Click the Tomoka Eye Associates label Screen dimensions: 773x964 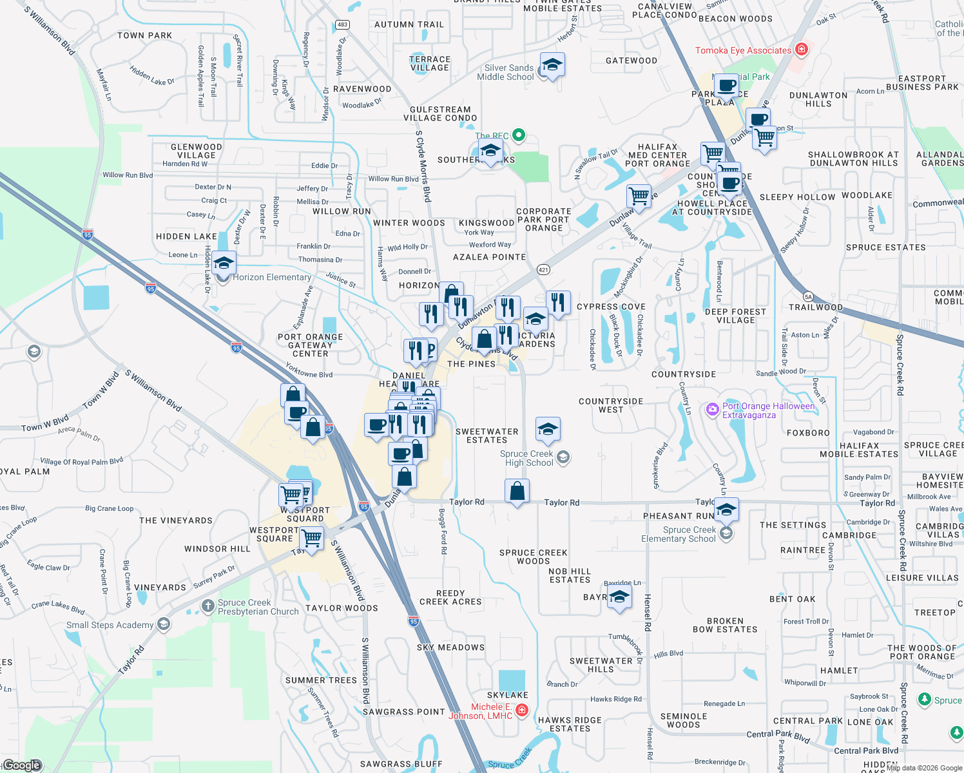pos(743,50)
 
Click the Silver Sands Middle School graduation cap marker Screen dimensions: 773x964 pos(552,65)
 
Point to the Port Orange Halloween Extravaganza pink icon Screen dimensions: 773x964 pos(713,409)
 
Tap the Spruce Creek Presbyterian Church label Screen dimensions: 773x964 pos(258,607)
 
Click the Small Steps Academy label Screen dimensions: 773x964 pos(110,625)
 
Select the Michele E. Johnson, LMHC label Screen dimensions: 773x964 pos(481,711)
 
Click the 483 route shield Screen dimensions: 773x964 pos(342,24)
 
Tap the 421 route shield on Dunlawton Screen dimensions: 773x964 pos(543,270)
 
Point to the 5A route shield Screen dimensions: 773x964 pos(808,297)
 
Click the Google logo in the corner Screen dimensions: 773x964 pos(22,765)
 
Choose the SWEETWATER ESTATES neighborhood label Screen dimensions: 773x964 pos(487,435)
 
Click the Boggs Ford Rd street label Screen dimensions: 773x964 pos(443,531)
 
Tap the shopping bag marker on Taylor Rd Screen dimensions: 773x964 pos(517,491)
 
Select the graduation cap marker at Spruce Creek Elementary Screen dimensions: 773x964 pos(726,510)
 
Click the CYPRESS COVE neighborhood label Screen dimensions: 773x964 pos(611,307)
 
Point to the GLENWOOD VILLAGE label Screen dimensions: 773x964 pos(197,151)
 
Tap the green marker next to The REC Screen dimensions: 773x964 pos(519,135)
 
